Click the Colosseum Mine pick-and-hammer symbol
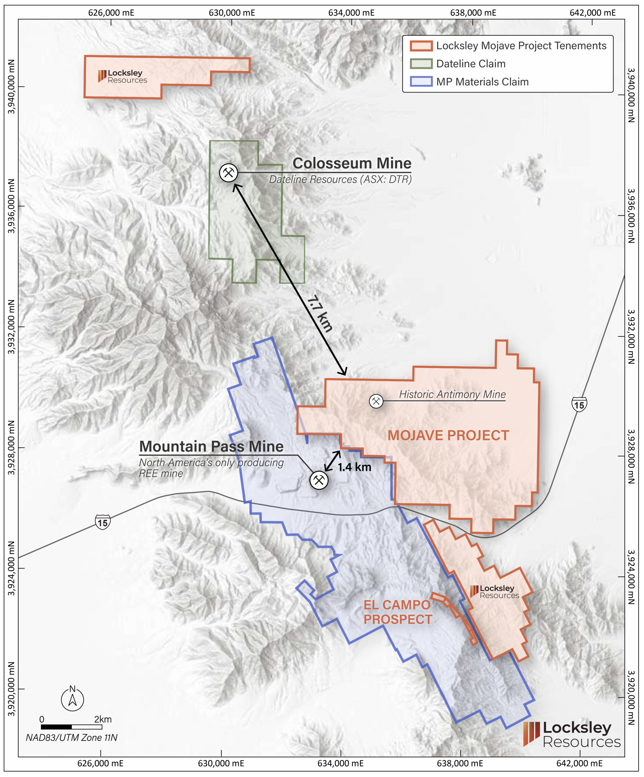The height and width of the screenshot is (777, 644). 229,172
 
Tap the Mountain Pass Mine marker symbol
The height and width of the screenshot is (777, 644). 319,480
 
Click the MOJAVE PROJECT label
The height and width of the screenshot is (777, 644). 448,436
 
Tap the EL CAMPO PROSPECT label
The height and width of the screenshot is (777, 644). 397,612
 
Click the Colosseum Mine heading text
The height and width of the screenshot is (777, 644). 352,163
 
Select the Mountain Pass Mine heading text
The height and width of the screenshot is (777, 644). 211,446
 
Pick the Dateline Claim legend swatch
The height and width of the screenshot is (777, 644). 421,64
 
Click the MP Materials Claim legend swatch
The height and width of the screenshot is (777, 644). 421,82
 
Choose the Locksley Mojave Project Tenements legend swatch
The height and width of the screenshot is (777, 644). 421,46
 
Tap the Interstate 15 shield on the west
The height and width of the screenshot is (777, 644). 103,522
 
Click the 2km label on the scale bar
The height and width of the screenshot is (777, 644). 103,719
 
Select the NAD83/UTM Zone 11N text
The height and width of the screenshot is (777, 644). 71,738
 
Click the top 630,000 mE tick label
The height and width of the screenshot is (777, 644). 232,12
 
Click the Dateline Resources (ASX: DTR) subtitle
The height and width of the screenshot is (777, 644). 340,179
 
